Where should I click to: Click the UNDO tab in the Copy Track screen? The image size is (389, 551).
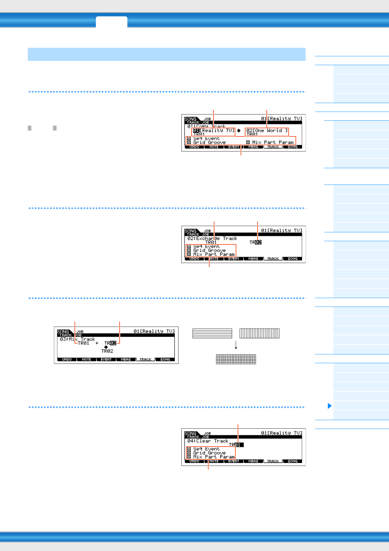tap(194, 147)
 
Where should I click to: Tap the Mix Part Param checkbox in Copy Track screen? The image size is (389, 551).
tap(248, 142)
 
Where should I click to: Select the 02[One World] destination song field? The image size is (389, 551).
tap(267, 131)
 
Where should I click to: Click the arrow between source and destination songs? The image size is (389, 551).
tap(239, 131)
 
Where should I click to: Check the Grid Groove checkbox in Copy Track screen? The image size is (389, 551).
tap(189, 142)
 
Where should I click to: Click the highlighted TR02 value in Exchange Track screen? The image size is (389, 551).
tap(258, 242)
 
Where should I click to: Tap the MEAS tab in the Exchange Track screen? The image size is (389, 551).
tap(253, 259)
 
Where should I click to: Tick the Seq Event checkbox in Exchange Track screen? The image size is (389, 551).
tap(189, 246)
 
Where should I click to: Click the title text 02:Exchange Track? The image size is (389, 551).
tap(212, 239)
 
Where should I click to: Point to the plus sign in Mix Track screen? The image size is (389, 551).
tap(97, 343)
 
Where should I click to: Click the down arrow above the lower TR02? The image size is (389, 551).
tap(106, 347)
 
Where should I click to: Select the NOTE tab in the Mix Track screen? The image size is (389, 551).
tap(87, 360)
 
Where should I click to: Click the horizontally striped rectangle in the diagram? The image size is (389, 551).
tap(212, 333)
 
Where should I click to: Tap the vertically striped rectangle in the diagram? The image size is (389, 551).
tap(260, 333)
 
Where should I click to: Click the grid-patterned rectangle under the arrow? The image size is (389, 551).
tap(236, 359)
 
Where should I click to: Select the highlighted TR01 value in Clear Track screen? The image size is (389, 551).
tap(238, 445)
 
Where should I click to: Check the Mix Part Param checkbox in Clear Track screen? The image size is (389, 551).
tap(189, 457)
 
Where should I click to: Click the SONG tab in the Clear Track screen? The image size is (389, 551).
tap(293, 461)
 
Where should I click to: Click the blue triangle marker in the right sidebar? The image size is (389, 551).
tap(330, 406)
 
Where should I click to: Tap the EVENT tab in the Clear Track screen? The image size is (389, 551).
tap(234, 461)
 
